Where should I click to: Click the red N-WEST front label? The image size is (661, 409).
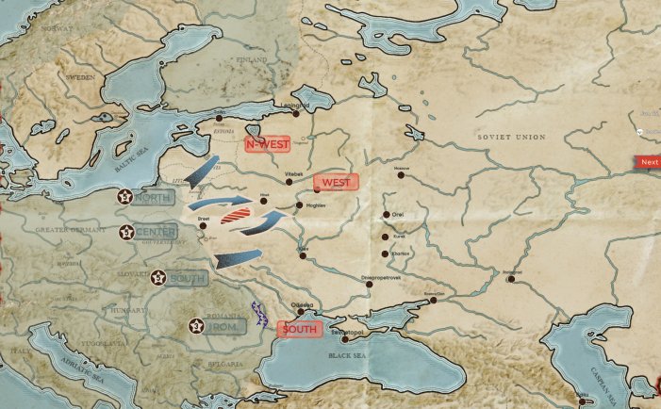click(x=267, y=144)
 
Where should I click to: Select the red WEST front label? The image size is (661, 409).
click(x=337, y=181)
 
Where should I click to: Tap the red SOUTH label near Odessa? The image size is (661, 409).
click(x=299, y=329)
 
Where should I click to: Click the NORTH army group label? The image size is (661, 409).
click(x=153, y=198)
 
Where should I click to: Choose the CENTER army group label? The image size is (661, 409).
click(x=155, y=232)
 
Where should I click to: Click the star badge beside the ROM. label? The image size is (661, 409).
click(x=195, y=326)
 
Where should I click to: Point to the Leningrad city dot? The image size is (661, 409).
click(x=296, y=113)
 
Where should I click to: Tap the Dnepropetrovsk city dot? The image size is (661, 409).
click(x=369, y=286)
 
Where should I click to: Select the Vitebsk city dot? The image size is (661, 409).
click(x=289, y=181)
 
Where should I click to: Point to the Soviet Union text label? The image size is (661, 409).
click(x=511, y=138)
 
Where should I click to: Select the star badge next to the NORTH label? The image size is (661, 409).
click(x=124, y=197)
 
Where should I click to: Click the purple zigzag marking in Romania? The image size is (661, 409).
click(x=260, y=313)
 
